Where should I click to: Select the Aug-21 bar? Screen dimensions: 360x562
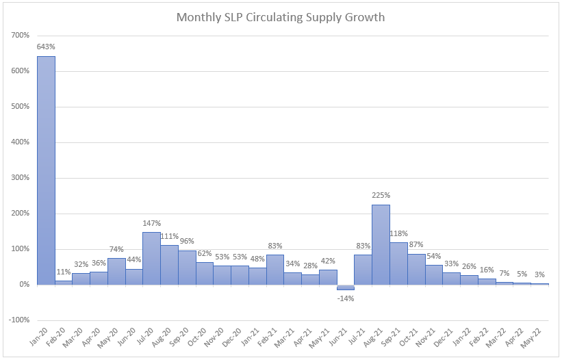pyautogui.click(x=381, y=244)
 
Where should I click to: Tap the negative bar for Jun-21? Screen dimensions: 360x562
pyautogui.click(x=346, y=287)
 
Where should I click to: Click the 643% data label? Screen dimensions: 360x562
pyautogui.click(x=46, y=47)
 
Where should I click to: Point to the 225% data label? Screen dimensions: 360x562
pyautogui.click(x=381, y=195)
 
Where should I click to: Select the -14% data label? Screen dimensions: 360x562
pyautogui.click(x=346, y=299)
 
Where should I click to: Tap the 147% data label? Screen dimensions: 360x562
pyautogui.click(x=151, y=223)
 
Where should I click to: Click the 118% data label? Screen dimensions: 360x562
pyautogui.click(x=399, y=233)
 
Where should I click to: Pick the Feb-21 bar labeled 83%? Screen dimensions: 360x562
pyautogui.click(x=275, y=270)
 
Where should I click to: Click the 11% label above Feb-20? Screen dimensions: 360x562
pyautogui.click(x=64, y=272)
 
